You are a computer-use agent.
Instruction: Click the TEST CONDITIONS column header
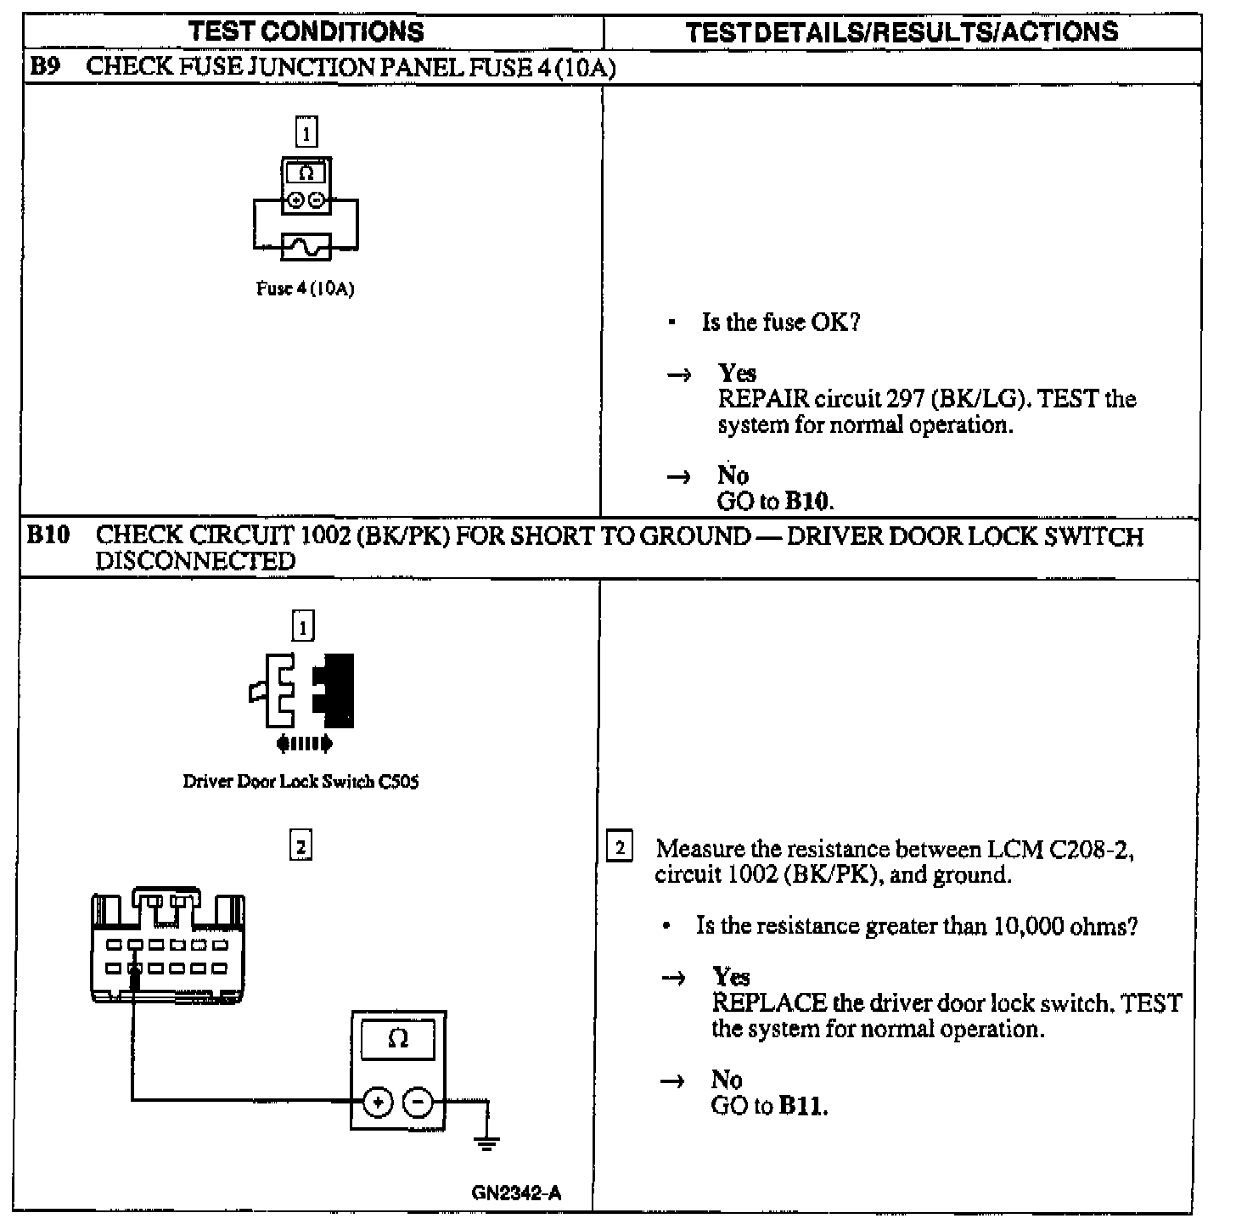pos(306,32)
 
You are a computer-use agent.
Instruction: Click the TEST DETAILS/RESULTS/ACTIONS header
pos(901,32)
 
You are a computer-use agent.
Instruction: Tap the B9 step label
pos(43,67)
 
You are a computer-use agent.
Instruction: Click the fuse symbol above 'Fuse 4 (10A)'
pos(306,247)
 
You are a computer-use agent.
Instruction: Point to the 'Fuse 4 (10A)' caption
pos(306,289)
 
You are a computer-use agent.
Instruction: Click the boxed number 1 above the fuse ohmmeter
pos(306,132)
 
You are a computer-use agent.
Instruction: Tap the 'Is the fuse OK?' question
pos(780,323)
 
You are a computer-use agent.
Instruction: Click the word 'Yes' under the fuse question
pos(736,373)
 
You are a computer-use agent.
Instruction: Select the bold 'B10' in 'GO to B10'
pos(806,501)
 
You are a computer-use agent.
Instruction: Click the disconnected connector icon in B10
pos(302,692)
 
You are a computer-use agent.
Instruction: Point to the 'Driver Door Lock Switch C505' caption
pos(301,782)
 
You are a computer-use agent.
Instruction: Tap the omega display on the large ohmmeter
pos(397,1039)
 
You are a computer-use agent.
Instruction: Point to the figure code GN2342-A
pos(516,1193)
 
